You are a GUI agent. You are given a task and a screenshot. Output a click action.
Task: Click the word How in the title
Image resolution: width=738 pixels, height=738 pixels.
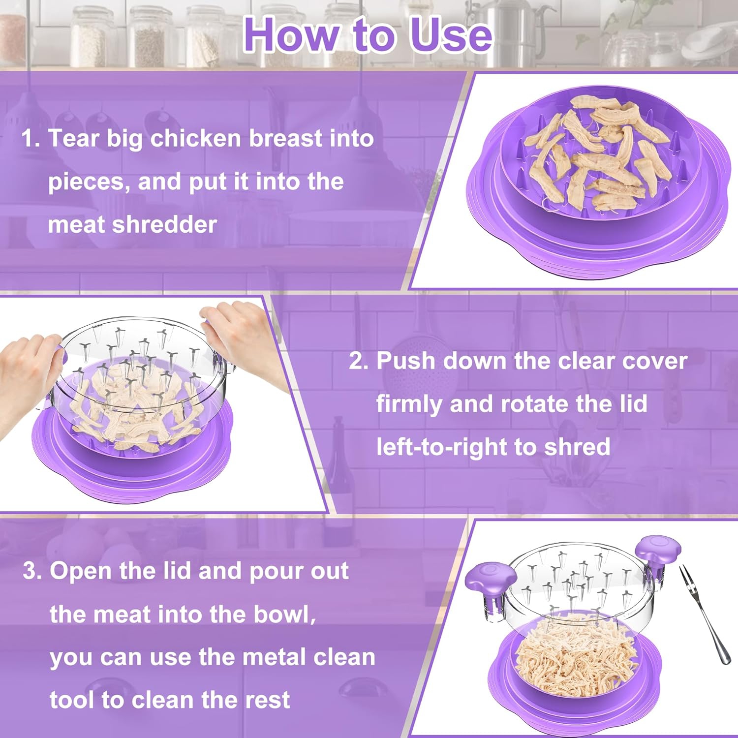tap(290, 35)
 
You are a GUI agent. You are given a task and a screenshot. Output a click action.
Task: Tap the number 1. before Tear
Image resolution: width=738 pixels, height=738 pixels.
tap(31, 138)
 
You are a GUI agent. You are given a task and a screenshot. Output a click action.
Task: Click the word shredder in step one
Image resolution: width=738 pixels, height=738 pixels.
tap(164, 225)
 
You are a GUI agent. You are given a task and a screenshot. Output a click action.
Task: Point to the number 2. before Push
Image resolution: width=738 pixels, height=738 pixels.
tap(359, 361)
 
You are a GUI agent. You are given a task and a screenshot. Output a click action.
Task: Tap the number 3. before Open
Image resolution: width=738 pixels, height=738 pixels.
tap(33, 571)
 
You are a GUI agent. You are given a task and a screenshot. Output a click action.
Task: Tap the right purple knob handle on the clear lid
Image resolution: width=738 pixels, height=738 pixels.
tap(658, 548)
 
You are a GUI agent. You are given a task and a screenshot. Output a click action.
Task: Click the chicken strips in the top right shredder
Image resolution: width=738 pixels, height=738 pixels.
tap(595, 157)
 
